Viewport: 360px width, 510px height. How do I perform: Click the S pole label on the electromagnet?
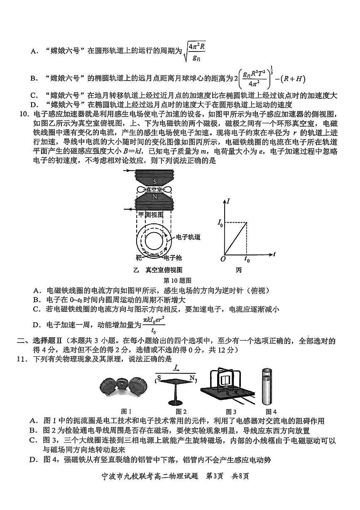point(155,182)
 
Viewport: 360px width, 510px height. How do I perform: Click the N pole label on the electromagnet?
point(155,197)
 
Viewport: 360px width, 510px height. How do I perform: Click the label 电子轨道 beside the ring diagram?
point(188,237)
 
